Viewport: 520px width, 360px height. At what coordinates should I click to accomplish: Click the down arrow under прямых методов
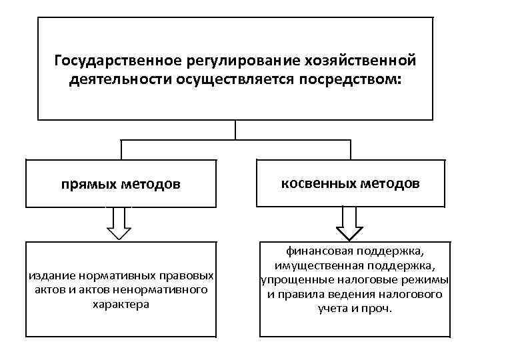point(119,223)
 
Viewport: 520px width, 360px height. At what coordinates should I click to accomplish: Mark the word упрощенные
point(289,280)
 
